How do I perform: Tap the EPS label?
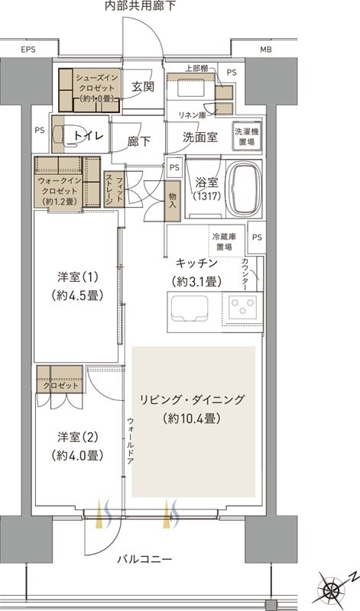pyautogui.click(x=28, y=50)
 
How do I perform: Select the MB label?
pyautogui.click(x=265, y=50)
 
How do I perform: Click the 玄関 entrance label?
pyautogui.click(x=142, y=86)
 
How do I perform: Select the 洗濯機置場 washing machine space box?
pyautogui.click(x=246, y=135)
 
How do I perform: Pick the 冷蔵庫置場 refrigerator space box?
pyautogui.click(x=225, y=242)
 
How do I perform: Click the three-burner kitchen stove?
pyautogui.click(x=243, y=308)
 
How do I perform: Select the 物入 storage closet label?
pyautogui.click(x=173, y=200)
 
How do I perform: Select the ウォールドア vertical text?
pyautogui.click(x=131, y=442)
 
